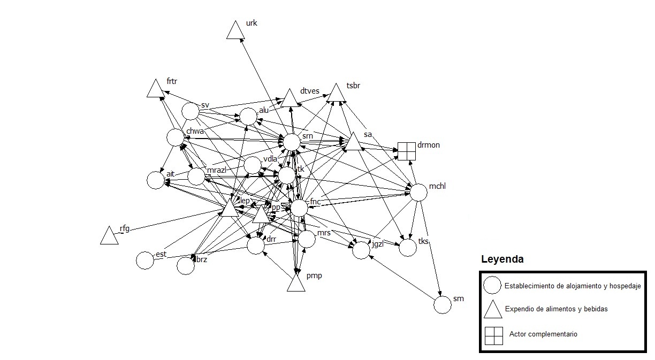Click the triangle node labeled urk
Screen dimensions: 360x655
click(x=235, y=31)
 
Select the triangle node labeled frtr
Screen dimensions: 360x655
click(x=155, y=89)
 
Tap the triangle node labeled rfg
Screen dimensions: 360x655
click(x=109, y=236)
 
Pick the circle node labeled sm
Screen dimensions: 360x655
click(x=443, y=305)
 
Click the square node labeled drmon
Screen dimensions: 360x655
click(x=407, y=151)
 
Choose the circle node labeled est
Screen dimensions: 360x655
click(x=145, y=261)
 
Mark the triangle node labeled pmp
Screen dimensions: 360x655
click(x=296, y=284)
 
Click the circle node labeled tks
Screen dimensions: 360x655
click(x=407, y=248)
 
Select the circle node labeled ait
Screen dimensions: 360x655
click(x=155, y=180)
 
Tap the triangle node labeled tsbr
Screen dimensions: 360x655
click(x=336, y=94)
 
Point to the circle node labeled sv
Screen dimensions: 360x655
click(x=191, y=111)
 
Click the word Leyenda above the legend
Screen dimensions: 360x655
click(x=502, y=259)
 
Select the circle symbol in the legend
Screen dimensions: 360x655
click(x=492, y=286)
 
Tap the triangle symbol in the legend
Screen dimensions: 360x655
click(x=493, y=310)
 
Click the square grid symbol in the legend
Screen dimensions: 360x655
click(x=493, y=335)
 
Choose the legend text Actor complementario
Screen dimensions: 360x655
click(x=543, y=334)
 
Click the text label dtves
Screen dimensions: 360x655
click(x=309, y=91)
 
